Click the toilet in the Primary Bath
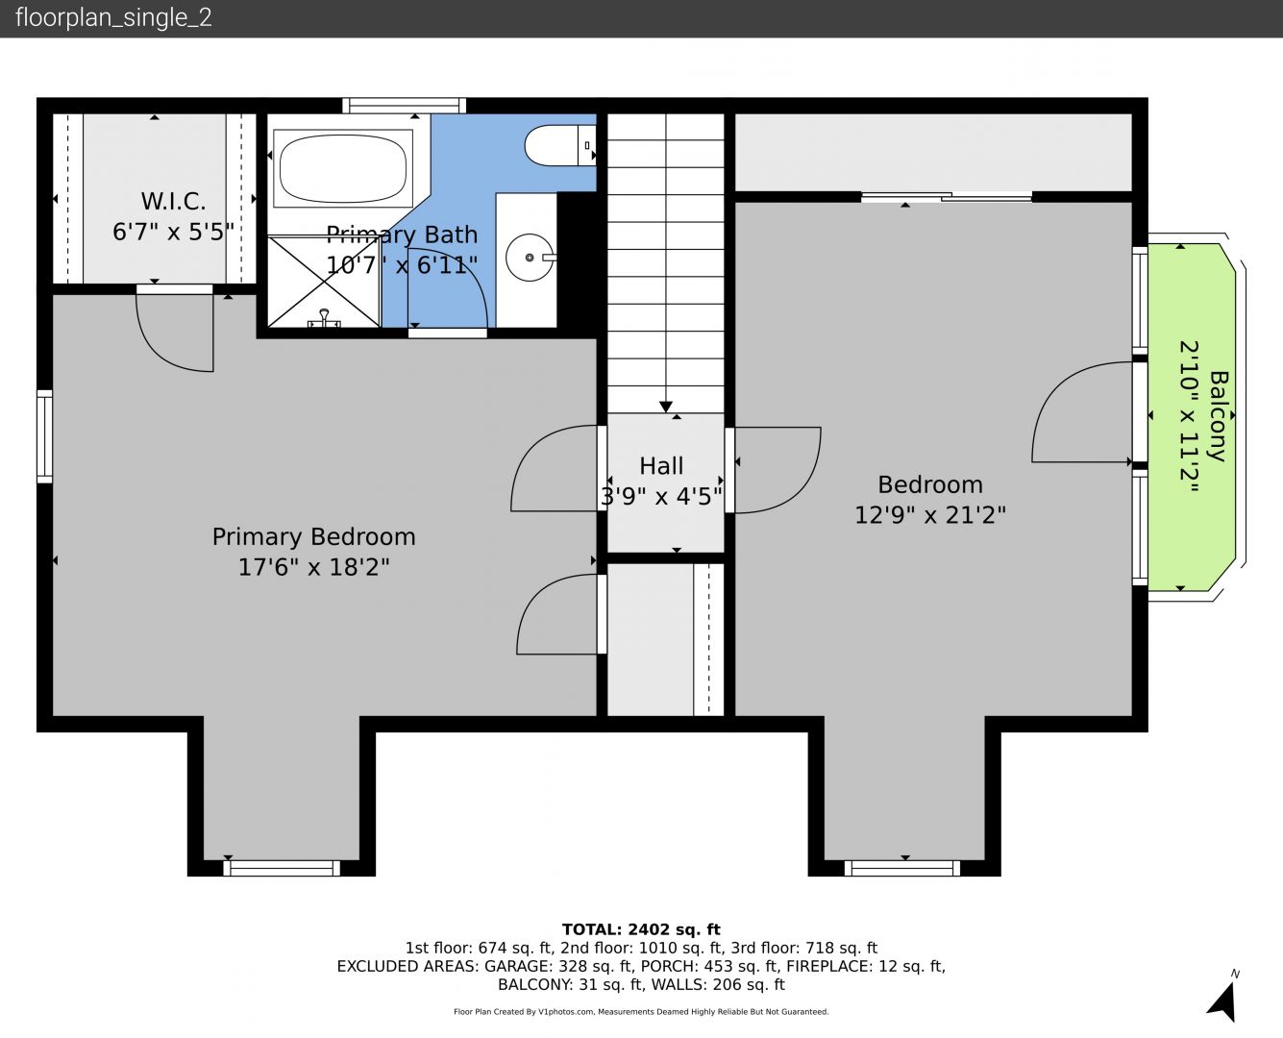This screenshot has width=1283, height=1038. pos(560,145)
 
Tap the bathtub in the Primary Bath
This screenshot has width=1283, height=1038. pos(343,169)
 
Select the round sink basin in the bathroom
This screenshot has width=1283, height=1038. pos(530,258)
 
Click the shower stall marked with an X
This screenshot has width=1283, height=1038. pos(324,282)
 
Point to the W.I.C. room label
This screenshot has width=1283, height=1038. pos(174,201)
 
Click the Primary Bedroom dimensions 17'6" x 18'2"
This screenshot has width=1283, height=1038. pos(314,567)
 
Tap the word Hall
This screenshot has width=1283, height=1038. pos(661,466)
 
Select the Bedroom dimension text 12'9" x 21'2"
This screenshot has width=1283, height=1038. pos(930,515)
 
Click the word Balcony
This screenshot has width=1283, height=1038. pos(1219,416)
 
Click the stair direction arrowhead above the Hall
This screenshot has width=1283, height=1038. pos(666,407)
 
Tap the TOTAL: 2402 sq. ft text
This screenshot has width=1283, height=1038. pos(641,929)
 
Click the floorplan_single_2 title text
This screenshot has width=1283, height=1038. pos(113,17)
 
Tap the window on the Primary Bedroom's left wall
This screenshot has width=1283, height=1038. pos(44,436)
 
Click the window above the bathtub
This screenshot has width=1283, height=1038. pos(405,106)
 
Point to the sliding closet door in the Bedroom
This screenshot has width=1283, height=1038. pos(947,196)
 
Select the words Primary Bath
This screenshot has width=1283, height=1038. pos(402,235)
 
